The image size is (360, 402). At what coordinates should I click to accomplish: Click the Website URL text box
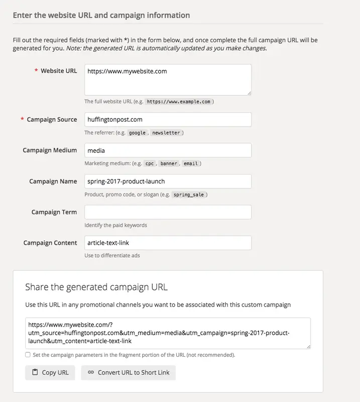click(168, 79)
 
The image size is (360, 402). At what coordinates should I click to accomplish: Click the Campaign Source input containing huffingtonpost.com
click(168, 120)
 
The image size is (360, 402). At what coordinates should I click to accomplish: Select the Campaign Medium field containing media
click(168, 150)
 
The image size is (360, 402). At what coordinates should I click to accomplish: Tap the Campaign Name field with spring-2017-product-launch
click(168, 181)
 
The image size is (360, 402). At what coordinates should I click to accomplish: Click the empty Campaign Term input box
click(168, 212)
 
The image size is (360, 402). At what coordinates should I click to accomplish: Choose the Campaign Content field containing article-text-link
click(168, 243)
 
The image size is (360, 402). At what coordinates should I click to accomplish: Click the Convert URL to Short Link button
click(129, 372)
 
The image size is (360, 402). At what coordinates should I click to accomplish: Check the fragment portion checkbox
click(28, 355)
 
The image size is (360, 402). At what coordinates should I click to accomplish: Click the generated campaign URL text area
click(168, 333)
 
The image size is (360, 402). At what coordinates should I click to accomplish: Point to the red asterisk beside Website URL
click(36, 71)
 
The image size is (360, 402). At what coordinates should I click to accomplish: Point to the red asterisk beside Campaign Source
click(22, 120)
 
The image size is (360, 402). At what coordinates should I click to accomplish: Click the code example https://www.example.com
click(178, 102)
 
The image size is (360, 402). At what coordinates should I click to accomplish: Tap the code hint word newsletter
click(166, 133)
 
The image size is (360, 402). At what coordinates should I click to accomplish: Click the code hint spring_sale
click(188, 194)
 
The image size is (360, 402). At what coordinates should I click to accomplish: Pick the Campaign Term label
click(54, 212)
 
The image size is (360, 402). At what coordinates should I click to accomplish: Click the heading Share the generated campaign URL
click(96, 287)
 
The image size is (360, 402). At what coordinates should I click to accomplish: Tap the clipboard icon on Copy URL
click(35, 372)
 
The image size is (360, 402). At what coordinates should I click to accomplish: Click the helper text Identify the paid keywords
click(115, 225)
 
